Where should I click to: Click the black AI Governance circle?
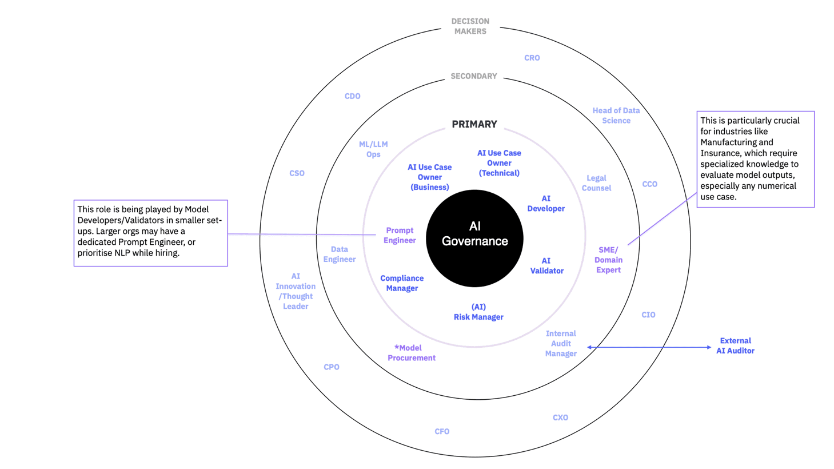[x=474, y=238]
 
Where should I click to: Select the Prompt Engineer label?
[x=400, y=235]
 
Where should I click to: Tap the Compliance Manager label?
[x=402, y=283]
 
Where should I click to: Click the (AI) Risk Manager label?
[x=478, y=312]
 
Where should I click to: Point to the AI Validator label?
[x=546, y=265]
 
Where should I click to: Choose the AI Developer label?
[x=546, y=204]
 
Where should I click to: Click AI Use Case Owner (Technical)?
[x=499, y=163]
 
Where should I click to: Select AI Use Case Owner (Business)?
[x=429, y=177]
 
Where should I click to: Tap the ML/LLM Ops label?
[x=373, y=149]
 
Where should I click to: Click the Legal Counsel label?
[x=596, y=183]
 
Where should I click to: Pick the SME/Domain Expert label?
[x=608, y=260]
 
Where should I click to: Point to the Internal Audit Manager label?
[x=561, y=343]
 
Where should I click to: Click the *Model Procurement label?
[x=411, y=353]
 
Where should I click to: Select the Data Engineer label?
[x=340, y=254]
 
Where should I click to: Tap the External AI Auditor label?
[x=735, y=345]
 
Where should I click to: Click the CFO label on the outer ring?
[x=442, y=431]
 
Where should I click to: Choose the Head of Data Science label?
[x=616, y=116]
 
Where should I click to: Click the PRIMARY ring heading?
[x=474, y=124]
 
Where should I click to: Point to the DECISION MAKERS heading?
[x=470, y=26]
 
